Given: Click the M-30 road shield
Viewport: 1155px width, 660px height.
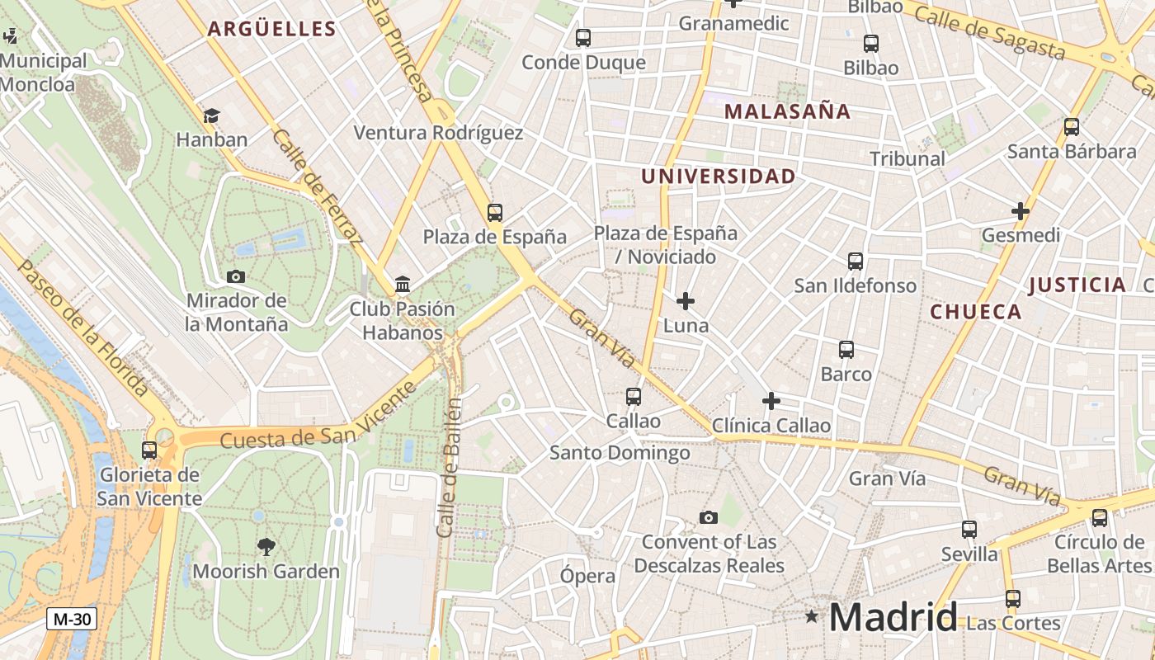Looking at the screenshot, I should tap(72, 619).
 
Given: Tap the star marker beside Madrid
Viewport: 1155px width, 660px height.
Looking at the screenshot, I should tap(812, 615).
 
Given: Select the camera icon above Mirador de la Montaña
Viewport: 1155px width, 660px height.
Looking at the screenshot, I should tap(236, 276).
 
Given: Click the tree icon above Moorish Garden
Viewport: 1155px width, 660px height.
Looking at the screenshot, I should tap(266, 546).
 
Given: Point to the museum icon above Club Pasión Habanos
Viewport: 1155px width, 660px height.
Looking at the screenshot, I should tap(403, 285).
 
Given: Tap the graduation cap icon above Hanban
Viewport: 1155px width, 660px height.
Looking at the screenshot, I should tap(212, 115).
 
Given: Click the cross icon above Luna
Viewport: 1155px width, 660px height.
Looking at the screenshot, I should tap(686, 301).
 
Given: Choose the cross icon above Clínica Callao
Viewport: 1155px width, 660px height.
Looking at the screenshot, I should tap(771, 401).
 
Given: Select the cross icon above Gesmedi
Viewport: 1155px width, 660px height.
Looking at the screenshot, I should tap(1021, 211).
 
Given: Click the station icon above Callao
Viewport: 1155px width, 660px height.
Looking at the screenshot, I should tap(634, 397).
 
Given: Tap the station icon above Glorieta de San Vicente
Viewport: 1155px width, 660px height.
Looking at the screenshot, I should tap(149, 450).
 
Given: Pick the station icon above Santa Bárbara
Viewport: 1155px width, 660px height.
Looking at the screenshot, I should tap(1072, 127).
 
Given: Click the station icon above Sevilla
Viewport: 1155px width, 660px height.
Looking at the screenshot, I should tap(969, 530).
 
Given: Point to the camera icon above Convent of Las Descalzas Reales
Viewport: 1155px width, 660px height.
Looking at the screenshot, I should tap(709, 517).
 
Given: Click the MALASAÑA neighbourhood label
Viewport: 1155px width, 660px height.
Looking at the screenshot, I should tap(787, 111).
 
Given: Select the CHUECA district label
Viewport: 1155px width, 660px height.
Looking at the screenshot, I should tap(976, 312).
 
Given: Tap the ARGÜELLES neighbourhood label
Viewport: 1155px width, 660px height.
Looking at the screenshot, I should tap(271, 29).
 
